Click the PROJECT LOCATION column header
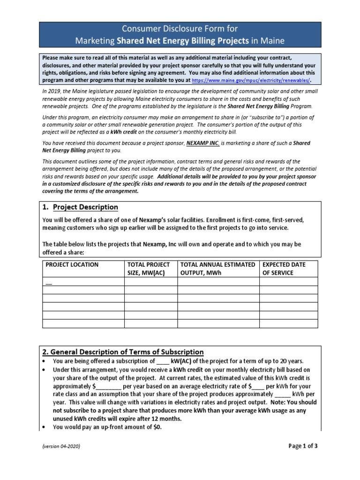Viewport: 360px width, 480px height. click(72, 264)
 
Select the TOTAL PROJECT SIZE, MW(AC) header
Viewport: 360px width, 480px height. click(149, 269)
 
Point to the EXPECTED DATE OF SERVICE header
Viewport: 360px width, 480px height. click(284, 269)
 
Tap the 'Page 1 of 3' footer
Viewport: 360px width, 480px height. click(302, 446)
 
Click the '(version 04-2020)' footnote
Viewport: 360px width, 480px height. click(61, 447)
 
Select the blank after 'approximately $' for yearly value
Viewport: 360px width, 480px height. click(109, 386)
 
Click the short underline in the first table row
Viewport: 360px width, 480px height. click(49, 283)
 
